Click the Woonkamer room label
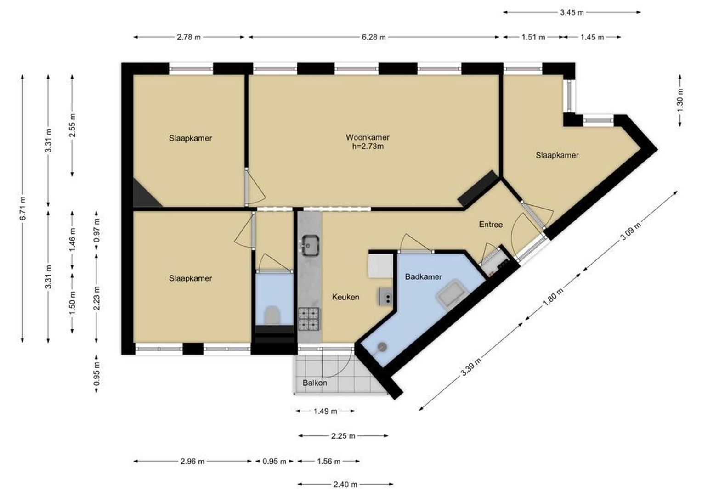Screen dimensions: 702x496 click(x=368, y=137)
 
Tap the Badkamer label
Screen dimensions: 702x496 click(x=424, y=276)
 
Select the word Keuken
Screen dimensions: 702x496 click(x=345, y=297)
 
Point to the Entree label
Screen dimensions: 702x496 click(x=491, y=224)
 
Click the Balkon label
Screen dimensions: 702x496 click(x=315, y=383)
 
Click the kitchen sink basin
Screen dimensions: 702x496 click(x=311, y=245)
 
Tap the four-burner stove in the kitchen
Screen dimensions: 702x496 click(x=309, y=319)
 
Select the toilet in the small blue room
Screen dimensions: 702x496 click(x=272, y=315)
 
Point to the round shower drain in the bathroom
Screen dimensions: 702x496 click(x=382, y=347)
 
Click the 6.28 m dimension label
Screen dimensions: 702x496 click(x=374, y=37)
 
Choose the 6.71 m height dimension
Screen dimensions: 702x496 click(x=23, y=209)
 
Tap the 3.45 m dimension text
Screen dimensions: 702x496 click(x=572, y=12)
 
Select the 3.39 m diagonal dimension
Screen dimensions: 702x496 click(x=471, y=367)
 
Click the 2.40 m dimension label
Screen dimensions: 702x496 click(x=345, y=485)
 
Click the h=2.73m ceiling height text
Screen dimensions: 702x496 click(x=368, y=147)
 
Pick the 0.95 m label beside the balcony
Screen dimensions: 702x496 click(x=97, y=374)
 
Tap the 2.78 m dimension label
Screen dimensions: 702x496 click(x=189, y=37)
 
